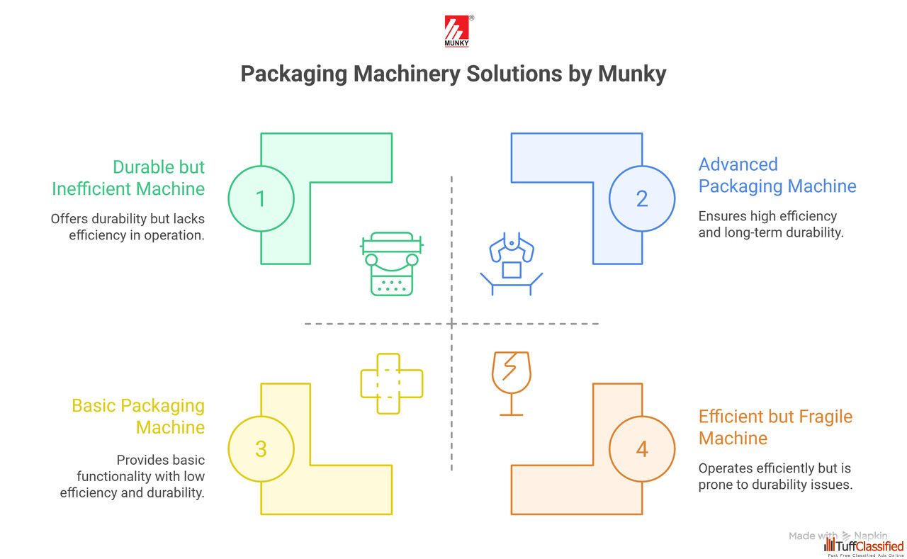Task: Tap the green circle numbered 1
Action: (x=261, y=198)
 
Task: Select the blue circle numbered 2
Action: (x=642, y=198)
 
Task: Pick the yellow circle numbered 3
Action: (x=261, y=448)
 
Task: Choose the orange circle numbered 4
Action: (x=642, y=448)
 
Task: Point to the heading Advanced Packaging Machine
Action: (x=777, y=175)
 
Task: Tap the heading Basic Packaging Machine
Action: (x=138, y=417)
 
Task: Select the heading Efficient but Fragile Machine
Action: (x=775, y=427)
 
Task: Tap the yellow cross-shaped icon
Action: (x=391, y=383)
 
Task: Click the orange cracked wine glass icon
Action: (x=511, y=383)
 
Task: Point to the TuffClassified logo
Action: (x=864, y=546)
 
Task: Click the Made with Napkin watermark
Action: (x=838, y=536)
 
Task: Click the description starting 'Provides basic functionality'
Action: (x=133, y=475)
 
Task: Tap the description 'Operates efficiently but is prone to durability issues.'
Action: (x=775, y=477)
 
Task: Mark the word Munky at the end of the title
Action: (x=631, y=74)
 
